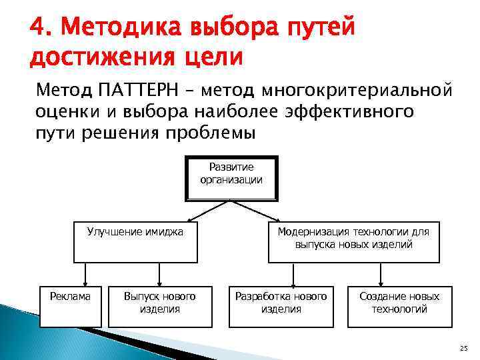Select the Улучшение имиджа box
(x=135, y=241)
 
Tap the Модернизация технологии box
(x=353, y=241)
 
